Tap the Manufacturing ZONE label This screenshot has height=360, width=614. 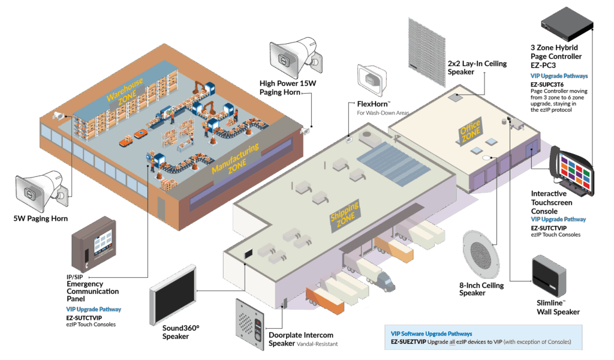pyautogui.click(x=236, y=159)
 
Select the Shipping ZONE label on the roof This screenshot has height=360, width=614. pyautogui.click(x=345, y=216)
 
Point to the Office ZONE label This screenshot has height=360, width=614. pyautogui.click(x=470, y=131)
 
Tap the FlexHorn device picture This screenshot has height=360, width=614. pyautogui.click(x=372, y=80)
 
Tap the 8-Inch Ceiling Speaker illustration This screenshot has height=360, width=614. pyautogui.click(x=481, y=254)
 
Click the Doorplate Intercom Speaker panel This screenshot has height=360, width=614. pyautogui.click(x=251, y=325)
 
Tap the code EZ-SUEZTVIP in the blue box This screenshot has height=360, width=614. pyautogui.click(x=408, y=342)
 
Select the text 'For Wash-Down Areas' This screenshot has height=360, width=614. pyautogui.click(x=383, y=113)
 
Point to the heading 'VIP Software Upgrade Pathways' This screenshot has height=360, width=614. pyautogui.click(x=432, y=334)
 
